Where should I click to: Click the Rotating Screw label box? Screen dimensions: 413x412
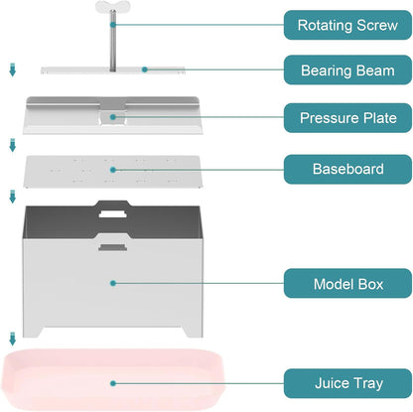tap(347, 25)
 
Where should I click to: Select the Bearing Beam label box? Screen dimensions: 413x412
tap(347, 70)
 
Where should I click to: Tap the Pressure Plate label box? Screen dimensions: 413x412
tap(347, 118)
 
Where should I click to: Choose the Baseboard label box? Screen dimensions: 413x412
tap(347, 169)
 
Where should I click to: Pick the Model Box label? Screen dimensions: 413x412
tap(347, 284)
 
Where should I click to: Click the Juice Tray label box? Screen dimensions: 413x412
tap(347, 383)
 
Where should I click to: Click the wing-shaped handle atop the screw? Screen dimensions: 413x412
tap(112, 7)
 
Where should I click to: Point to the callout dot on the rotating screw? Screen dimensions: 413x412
tap(113, 25)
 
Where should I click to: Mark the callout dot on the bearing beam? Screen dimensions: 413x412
tap(145, 69)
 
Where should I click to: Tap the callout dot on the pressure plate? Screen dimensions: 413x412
tap(113, 117)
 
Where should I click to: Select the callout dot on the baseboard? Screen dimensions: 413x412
tap(113, 170)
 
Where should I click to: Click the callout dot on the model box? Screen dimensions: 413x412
tap(113, 283)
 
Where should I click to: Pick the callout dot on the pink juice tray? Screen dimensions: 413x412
tap(113, 383)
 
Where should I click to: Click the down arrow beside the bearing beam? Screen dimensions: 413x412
tap(13, 69)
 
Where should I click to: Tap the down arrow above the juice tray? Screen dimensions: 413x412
tap(13, 339)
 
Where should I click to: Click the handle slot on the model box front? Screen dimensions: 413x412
tap(112, 247)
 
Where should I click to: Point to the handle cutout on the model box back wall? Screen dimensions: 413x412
tap(113, 213)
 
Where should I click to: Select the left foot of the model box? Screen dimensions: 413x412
tap(33, 332)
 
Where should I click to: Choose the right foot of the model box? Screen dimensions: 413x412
tap(193, 332)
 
